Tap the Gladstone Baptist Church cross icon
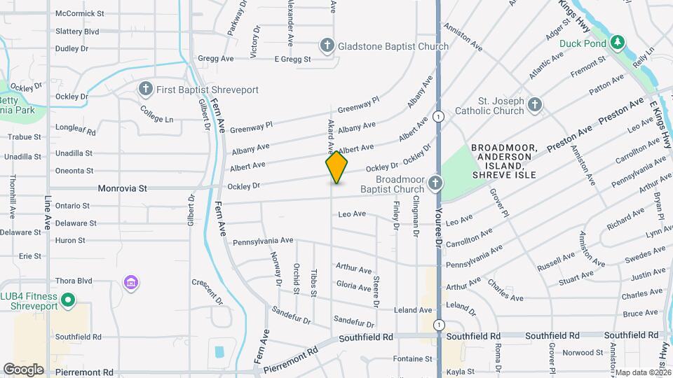pos(326,46)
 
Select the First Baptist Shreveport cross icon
pos(145,89)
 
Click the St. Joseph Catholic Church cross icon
pos(535,105)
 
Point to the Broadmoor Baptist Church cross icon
pos(435,183)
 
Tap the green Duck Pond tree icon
pos(618,43)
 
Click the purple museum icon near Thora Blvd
pos(130,283)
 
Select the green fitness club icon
pos(68,302)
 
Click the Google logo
pos(23,369)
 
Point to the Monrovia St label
pos(123,188)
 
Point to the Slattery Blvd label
pos(77,31)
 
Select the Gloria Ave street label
pos(354,287)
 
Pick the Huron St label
pos(70,240)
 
